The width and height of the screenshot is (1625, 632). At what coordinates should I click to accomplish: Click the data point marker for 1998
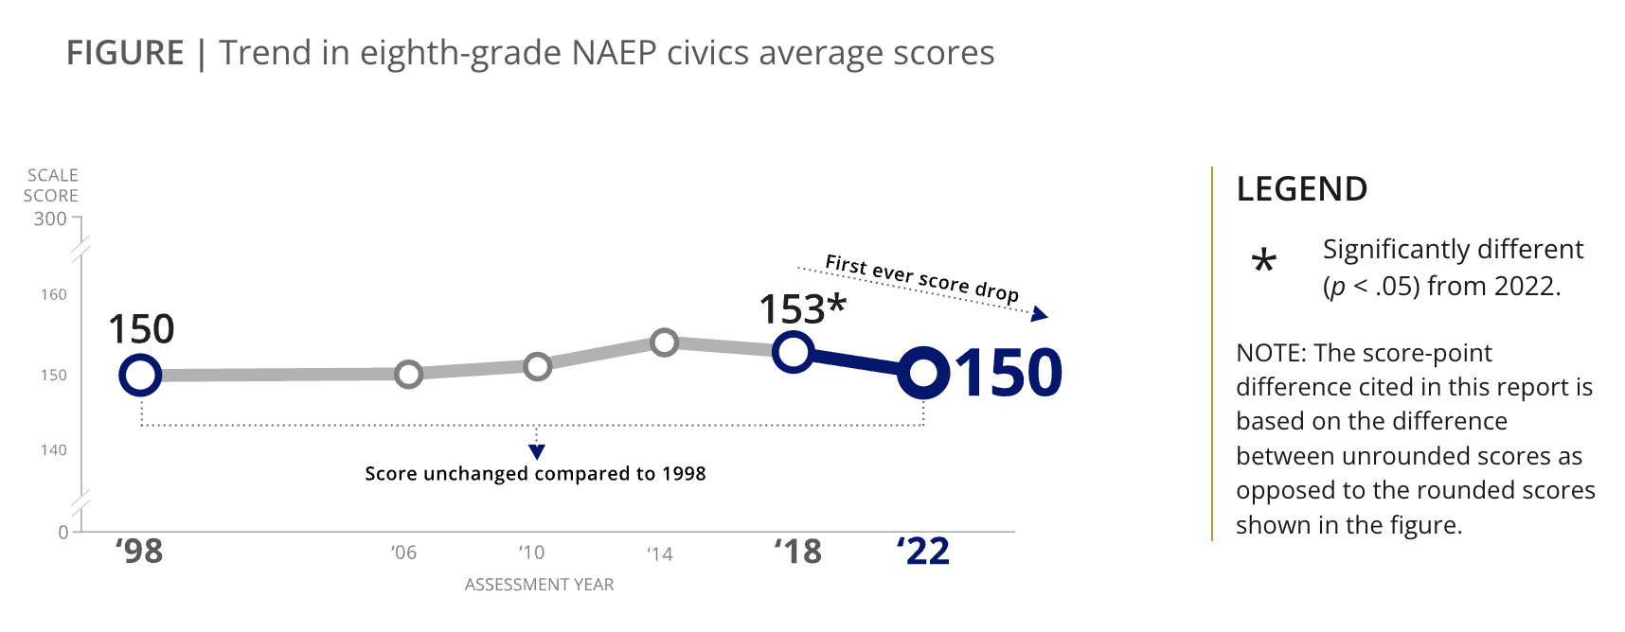(140, 375)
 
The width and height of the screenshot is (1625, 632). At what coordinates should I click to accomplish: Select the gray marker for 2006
(408, 374)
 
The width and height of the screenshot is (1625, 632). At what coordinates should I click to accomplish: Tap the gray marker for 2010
(537, 366)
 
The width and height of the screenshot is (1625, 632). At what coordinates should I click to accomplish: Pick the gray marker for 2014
(665, 342)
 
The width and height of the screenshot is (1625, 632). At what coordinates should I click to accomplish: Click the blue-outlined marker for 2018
(793, 352)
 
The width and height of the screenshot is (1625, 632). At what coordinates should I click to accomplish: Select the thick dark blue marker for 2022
(923, 373)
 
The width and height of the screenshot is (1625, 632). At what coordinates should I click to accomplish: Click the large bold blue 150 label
(1009, 373)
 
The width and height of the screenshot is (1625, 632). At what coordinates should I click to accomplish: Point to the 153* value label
(801, 309)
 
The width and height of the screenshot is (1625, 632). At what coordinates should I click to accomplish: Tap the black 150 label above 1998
(141, 329)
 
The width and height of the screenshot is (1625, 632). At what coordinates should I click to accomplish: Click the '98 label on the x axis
(139, 551)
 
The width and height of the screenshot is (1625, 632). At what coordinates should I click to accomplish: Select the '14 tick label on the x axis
(659, 553)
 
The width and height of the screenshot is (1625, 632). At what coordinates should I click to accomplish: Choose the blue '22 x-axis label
(923, 551)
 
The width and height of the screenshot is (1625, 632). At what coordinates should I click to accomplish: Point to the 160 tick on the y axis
(54, 294)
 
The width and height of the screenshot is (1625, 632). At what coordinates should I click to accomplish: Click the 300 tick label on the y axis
(50, 219)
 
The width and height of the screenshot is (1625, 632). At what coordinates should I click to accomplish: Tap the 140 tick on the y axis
(54, 449)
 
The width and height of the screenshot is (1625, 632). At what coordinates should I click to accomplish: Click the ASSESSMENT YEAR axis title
(539, 585)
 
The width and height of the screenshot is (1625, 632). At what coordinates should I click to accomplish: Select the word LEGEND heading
(1301, 189)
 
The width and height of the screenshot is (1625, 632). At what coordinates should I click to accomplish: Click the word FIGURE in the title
(125, 53)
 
